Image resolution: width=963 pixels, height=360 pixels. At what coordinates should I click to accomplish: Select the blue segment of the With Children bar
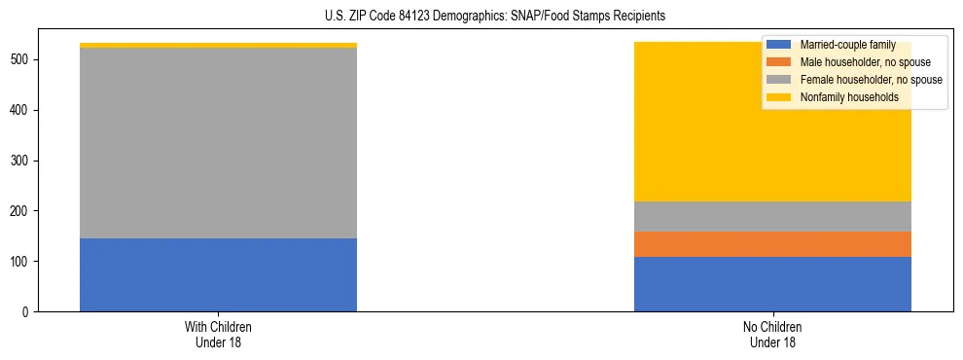tap(218, 274)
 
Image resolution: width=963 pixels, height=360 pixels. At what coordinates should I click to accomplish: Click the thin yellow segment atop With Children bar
tap(218, 45)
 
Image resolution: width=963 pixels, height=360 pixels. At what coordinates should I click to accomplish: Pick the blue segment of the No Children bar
tap(772, 284)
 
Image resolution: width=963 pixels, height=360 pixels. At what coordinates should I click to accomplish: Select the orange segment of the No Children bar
tap(772, 244)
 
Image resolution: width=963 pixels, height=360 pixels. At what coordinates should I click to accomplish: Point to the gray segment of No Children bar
tap(772, 216)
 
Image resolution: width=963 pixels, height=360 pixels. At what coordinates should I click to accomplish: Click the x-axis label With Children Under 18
tap(218, 334)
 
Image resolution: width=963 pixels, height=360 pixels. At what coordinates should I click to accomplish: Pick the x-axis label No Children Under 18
tap(772, 334)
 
